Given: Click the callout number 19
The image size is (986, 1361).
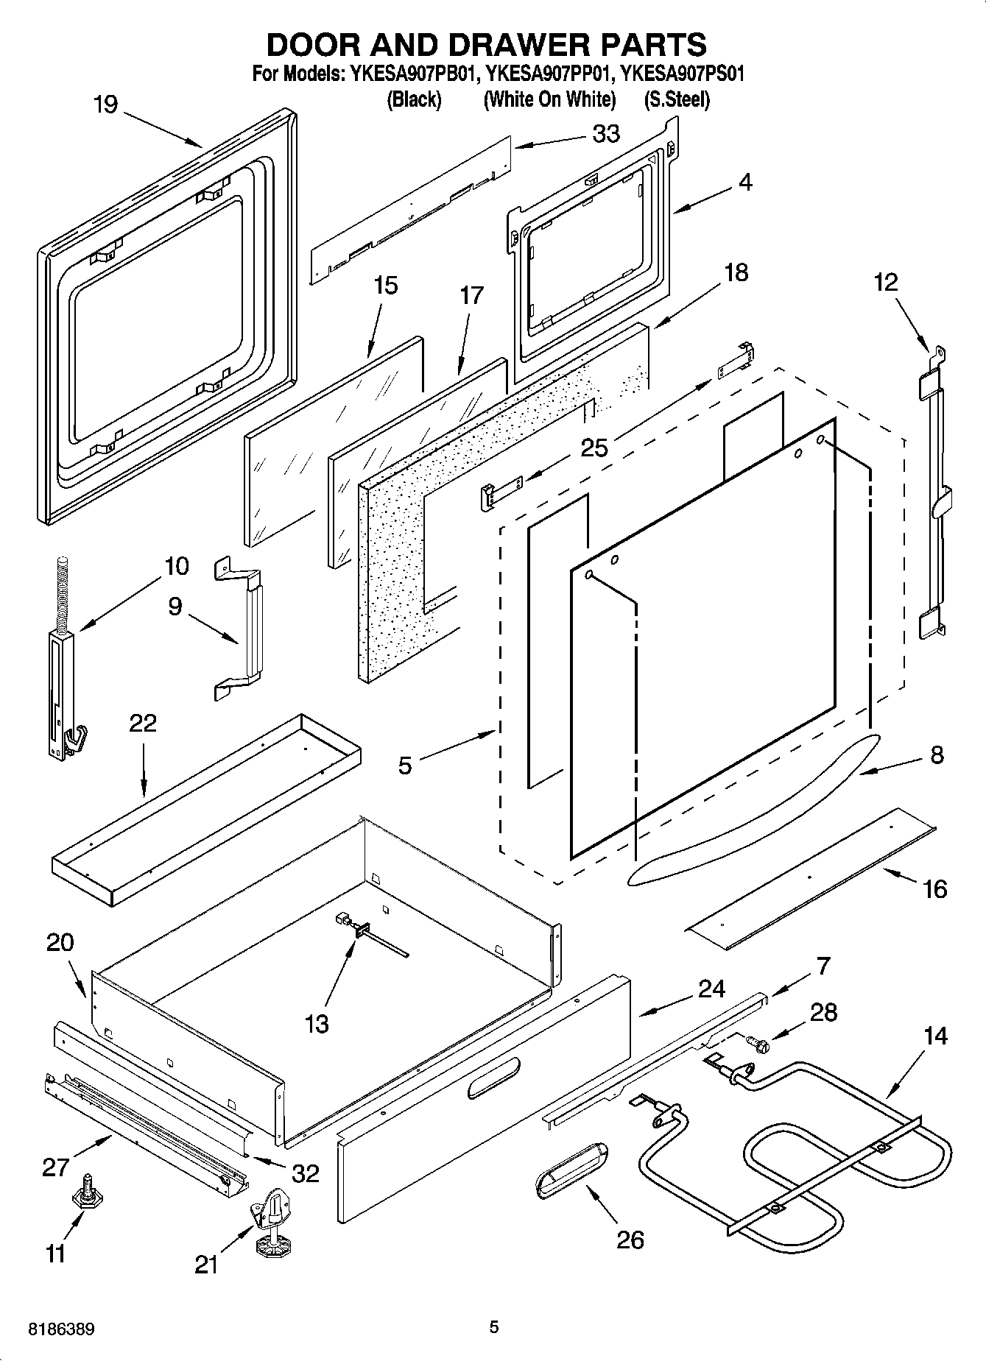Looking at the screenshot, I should pyautogui.click(x=105, y=105).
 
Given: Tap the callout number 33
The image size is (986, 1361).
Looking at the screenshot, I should pyautogui.click(x=606, y=134).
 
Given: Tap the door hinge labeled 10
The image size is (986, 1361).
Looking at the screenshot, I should pyautogui.click(x=63, y=662).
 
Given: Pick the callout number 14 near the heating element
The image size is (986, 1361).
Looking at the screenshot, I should pyautogui.click(x=935, y=1036).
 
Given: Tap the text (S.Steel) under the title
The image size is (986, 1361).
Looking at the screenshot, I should pyautogui.click(x=677, y=100).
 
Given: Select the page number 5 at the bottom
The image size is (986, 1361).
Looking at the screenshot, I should pyautogui.click(x=493, y=1327).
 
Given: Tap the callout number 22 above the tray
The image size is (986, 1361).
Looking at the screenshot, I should pyautogui.click(x=143, y=723).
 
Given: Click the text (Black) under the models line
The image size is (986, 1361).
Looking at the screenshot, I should pyautogui.click(x=414, y=100).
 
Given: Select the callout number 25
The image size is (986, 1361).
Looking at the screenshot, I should pyautogui.click(x=594, y=447).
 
